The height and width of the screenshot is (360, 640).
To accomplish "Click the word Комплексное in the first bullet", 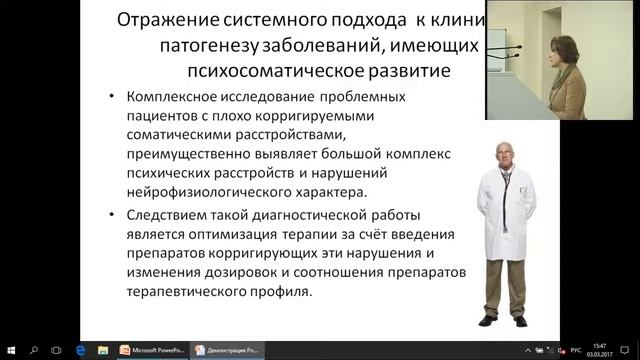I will (178, 98).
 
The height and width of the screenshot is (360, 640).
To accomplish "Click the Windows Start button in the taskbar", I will (9, 350).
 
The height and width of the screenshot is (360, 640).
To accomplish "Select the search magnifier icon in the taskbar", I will (33, 350).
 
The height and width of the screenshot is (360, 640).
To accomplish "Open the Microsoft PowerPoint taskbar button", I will (152, 350).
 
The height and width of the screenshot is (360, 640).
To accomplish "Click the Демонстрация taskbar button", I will (228, 350).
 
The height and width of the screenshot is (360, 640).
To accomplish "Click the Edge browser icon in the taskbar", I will (82, 350).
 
